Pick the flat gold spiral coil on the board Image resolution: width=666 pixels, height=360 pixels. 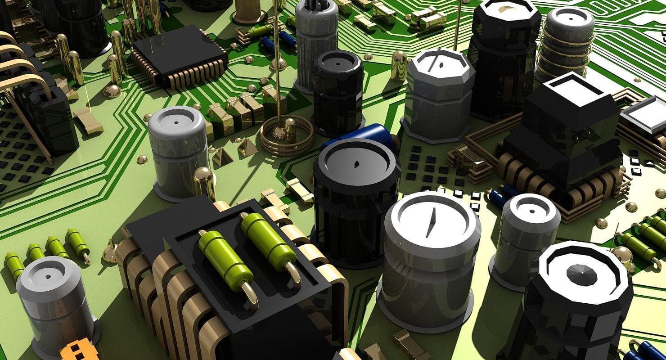click(x=287, y=135)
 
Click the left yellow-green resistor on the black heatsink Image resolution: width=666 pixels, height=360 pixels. click(x=226, y=261)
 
